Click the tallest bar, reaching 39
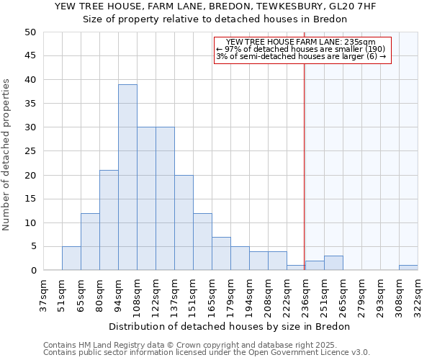point(127,178)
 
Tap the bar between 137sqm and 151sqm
point(184,222)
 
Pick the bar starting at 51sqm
point(71,258)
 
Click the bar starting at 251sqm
point(333,263)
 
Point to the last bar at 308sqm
point(408,268)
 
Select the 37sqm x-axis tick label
point(43,294)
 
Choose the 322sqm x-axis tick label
point(418,294)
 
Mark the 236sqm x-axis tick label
point(305,294)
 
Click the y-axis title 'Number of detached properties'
point(7,156)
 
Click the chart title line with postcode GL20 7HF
point(215,6)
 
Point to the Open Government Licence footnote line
point(206,352)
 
